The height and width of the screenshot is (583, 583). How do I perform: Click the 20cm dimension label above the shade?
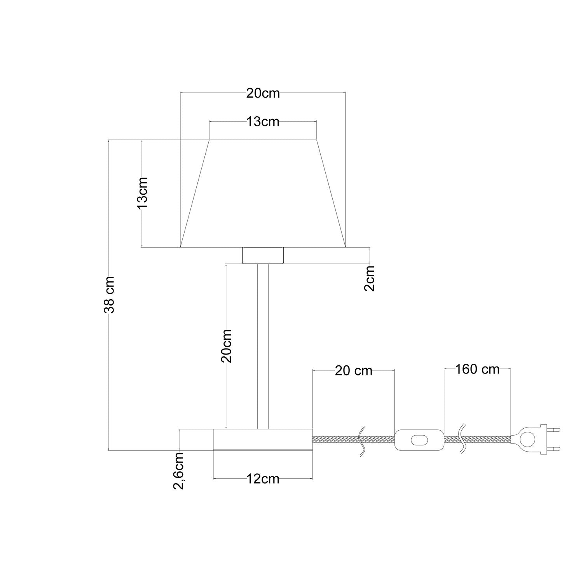tap(263, 93)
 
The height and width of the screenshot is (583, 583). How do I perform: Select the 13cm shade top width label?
tap(263, 122)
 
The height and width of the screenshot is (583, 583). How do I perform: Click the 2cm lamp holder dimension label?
tap(370, 278)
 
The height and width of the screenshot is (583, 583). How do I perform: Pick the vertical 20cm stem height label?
tap(226, 346)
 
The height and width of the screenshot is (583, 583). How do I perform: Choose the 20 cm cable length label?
tap(353, 371)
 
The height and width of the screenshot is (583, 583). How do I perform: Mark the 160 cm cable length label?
tap(477, 369)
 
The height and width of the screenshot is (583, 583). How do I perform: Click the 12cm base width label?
tap(263, 479)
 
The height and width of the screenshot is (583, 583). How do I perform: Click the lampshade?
tap(263, 194)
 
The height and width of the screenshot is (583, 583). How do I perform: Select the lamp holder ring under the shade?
tap(263, 255)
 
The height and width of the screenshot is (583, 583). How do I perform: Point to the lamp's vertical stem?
tap(263, 346)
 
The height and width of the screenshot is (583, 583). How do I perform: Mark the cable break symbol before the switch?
tap(362, 440)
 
